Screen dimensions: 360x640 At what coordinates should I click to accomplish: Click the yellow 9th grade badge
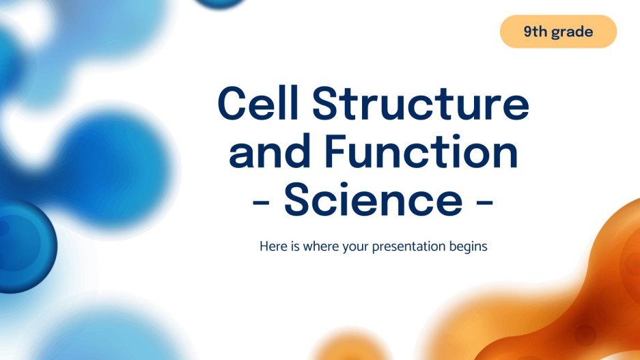point(558,31)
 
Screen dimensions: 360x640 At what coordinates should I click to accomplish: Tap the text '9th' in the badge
point(536,31)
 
